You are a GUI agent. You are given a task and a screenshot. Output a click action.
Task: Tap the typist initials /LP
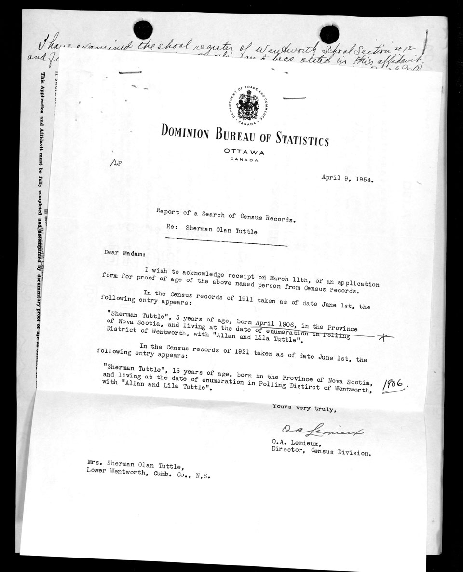point(116,163)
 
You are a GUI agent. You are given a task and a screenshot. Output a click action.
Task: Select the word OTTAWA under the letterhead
point(244,152)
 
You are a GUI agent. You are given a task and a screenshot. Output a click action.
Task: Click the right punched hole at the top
point(329,34)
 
